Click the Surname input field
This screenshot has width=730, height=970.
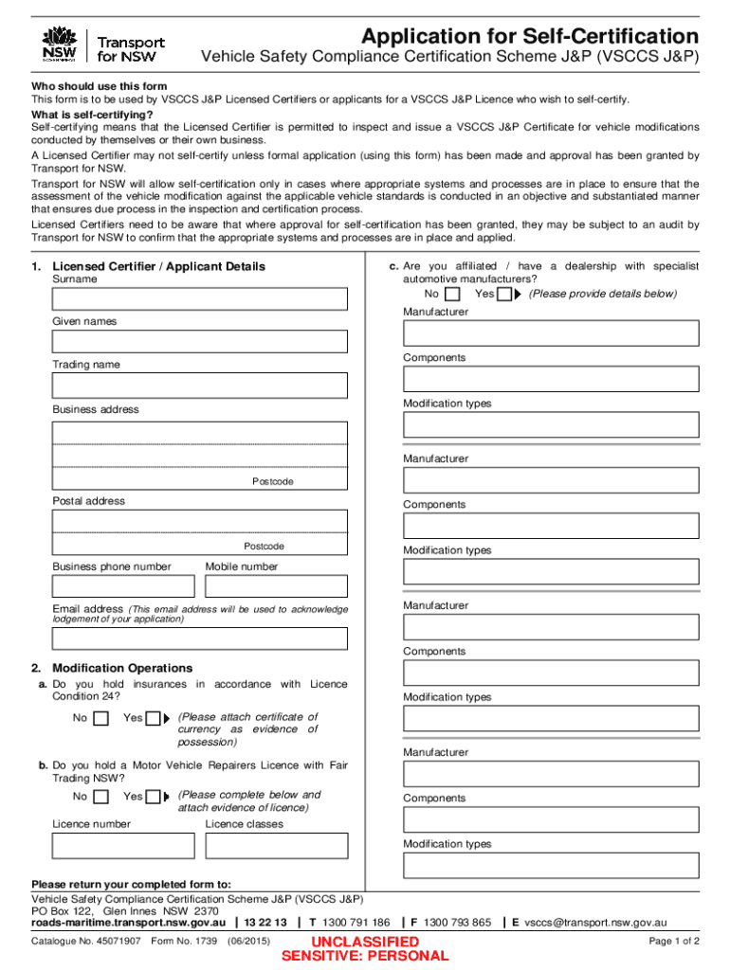coord(199,298)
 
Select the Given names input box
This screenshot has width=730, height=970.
coord(199,341)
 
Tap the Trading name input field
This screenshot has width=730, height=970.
coord(199,385)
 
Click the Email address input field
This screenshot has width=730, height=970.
coord(199,638)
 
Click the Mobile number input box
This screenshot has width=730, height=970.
coord(276,586)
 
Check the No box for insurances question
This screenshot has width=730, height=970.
coord(101,718)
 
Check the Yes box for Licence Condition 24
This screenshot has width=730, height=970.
coord(153,718)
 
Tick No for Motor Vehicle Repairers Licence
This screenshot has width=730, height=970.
coord(101,797)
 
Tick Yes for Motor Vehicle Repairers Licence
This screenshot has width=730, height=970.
coord(153,797)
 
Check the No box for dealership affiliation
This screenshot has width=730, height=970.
coord(453,295)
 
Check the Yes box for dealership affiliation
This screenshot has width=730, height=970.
coord(504,295)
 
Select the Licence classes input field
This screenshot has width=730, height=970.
coord(276,845)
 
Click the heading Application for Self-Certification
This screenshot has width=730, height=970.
coord(529,37)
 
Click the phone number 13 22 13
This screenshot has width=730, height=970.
coord(265,922)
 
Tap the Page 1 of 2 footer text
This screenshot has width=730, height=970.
coord(673,942)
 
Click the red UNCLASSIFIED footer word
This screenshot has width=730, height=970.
coord(366,942)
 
